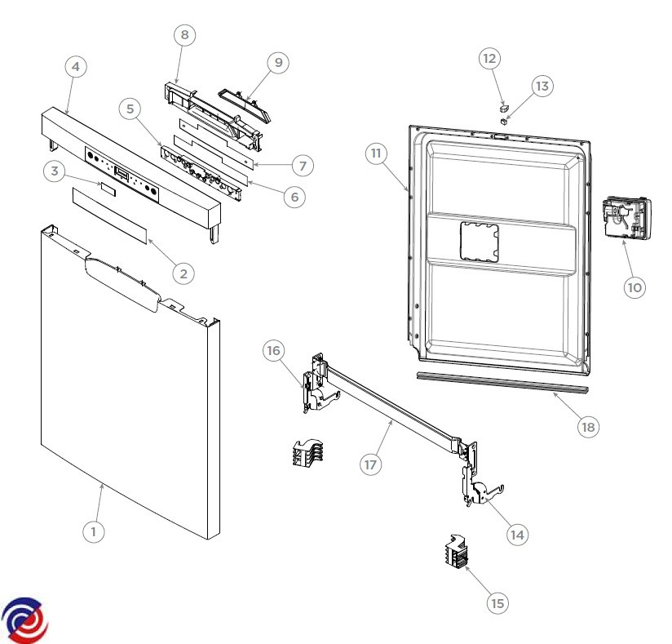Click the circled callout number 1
(x=94, y=531)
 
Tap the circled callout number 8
(x=184, y=35)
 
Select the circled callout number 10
(x=634, y=287)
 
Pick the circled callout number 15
(x=497, y=603)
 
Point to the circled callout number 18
(x=588, y=427)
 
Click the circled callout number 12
(x=489, y=58)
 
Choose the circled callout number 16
(x=273, y=350)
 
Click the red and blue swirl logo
(x=24, y=620)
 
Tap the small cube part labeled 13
(x=504, y=121)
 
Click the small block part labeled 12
(x=505, y=107)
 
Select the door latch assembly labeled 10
(x=626, y=219)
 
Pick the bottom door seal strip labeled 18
(x=502, y=382)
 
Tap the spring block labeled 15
(x=456, y=552)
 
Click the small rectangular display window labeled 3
(x=108, y=189)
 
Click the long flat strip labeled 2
(x=110, y=215)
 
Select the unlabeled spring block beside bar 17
(x=307, y=453)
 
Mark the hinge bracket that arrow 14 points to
(x=481, y=488)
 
